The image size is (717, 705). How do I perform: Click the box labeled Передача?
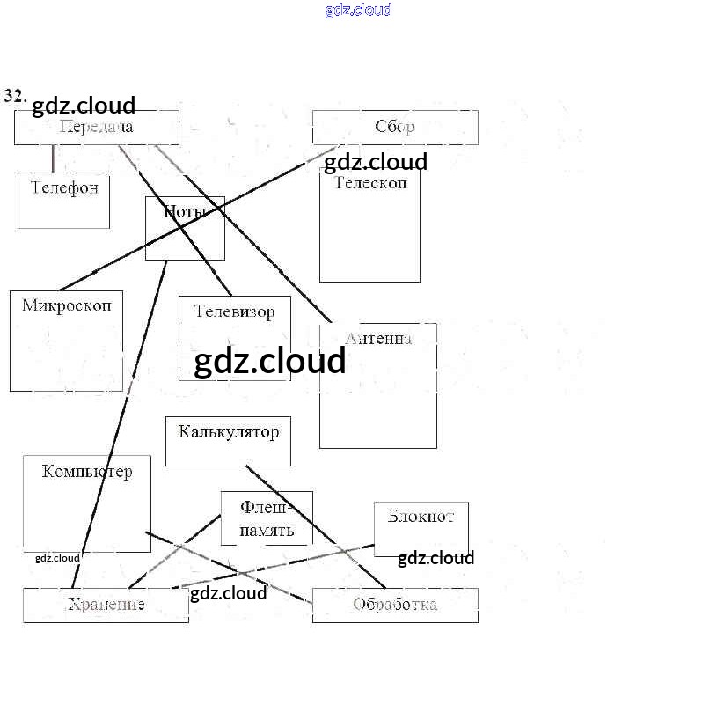tap(97, 128)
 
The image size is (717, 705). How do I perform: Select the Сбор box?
tap(395, 128)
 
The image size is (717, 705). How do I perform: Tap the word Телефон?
tap(64, 187)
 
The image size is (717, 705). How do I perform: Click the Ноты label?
tap(185, 211)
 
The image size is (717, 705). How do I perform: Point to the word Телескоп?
tap(370, 183)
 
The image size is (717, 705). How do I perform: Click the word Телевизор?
tap(234, 312)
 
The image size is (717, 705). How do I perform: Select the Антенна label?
tap(378, 339)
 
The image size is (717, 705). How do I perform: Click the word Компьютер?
tap(87, 472)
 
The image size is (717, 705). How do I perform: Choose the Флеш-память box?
tap(267, 519)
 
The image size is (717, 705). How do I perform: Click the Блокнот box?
tap(421, 517)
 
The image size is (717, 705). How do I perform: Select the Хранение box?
tap(106, 606)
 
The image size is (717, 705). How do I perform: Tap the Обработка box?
tap(395, 606)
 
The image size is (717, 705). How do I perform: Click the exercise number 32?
tap(15, 95)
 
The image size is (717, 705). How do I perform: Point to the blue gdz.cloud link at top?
tap(358, 10)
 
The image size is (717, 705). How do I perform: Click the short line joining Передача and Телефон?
tap(53, 158)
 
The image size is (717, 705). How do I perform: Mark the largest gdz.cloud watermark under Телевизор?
tap(270, 362)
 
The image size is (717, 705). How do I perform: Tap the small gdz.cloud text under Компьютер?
tap(57, 558)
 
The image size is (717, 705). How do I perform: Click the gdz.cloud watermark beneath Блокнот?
tap(435, 558)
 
